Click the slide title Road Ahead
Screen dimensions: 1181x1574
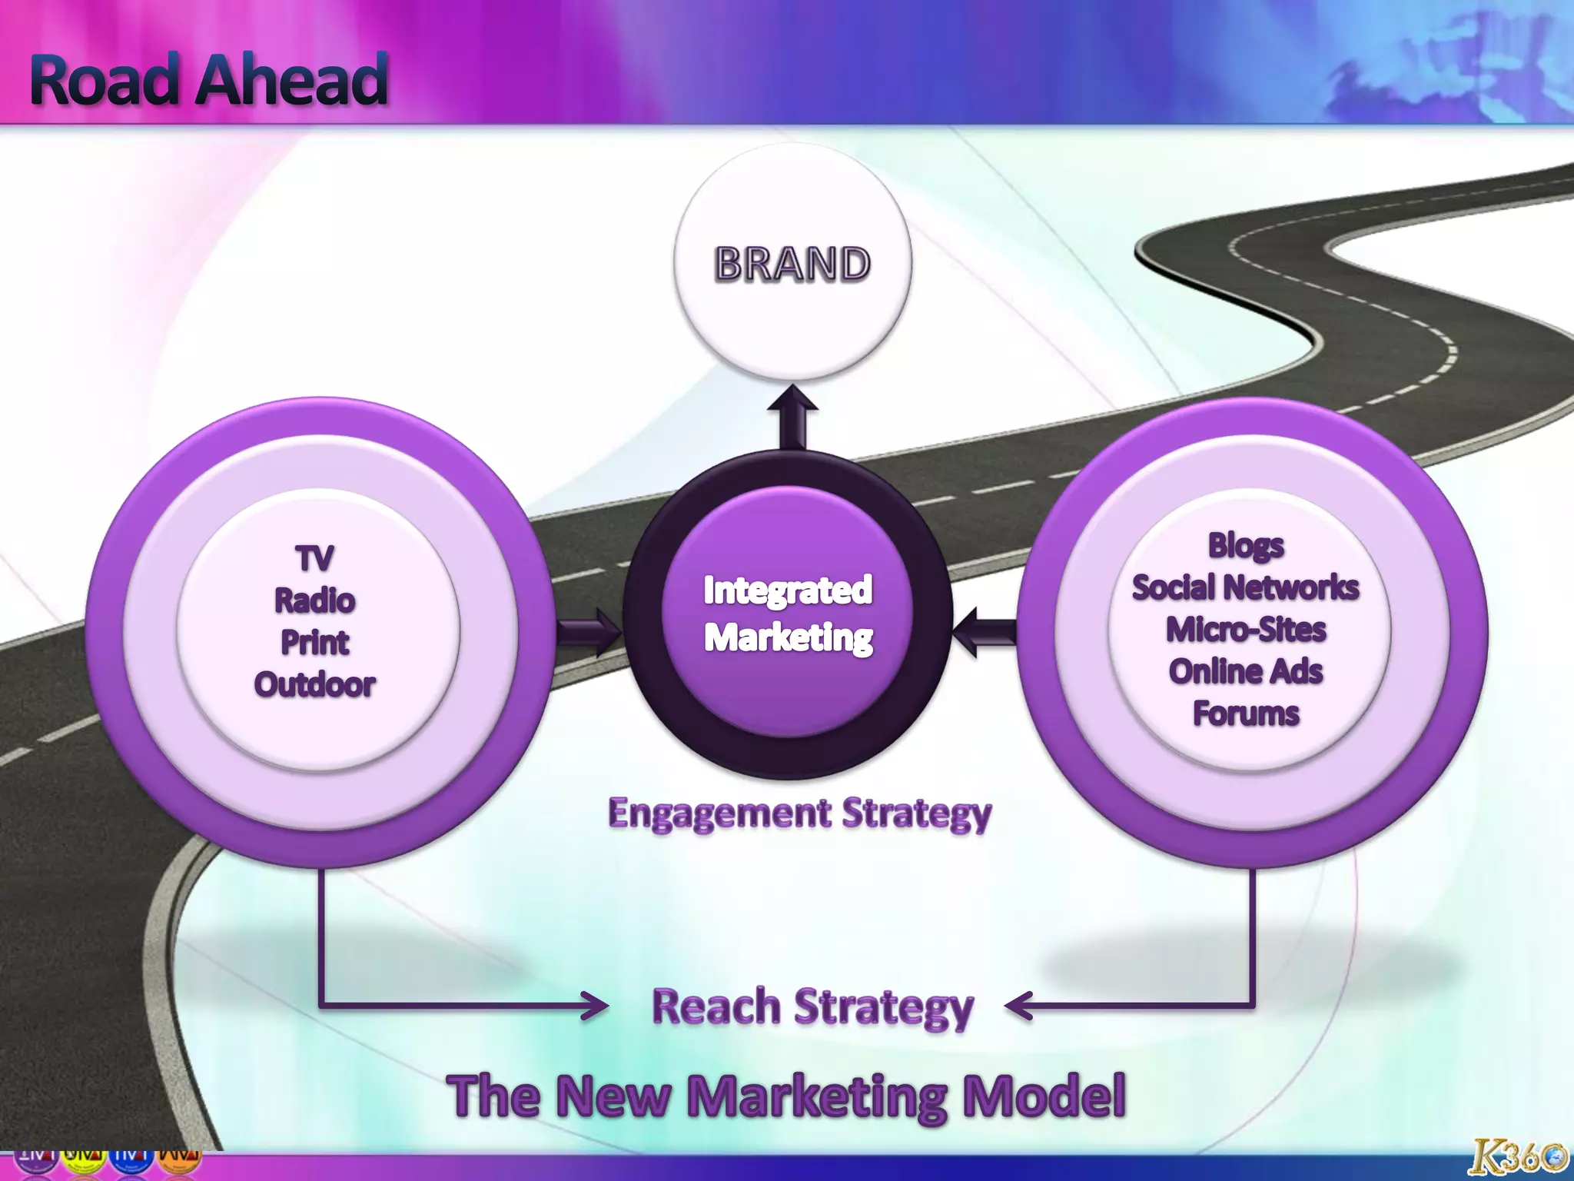click(208, 79)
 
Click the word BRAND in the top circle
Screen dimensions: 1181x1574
click(792, 264)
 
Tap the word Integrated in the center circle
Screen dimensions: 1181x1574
click(788, 590)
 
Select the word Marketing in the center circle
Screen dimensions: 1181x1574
click(789, 637)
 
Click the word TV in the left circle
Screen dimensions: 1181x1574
click(314, 558)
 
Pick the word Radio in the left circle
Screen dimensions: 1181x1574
click(314, 600)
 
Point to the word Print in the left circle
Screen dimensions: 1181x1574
click(314, 643)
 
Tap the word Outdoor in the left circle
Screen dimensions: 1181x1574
click(314, 684)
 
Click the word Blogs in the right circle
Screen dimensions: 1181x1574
click(1246, 545)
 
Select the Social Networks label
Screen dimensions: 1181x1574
click(1246, 587)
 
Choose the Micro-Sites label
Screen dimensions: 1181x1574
click(1246, 630)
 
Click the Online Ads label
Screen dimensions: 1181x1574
click(1246, 671)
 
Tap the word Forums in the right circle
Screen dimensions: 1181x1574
click(1246, 714)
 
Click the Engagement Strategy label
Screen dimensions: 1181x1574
click(799, 813)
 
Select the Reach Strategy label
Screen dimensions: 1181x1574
click(812, 1006)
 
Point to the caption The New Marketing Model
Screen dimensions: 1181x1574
click(786, 1096)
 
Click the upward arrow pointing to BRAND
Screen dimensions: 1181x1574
click(792, 415)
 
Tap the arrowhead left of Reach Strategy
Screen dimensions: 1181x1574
click(594, 1005)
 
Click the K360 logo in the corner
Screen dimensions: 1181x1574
click(1517, 1157)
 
